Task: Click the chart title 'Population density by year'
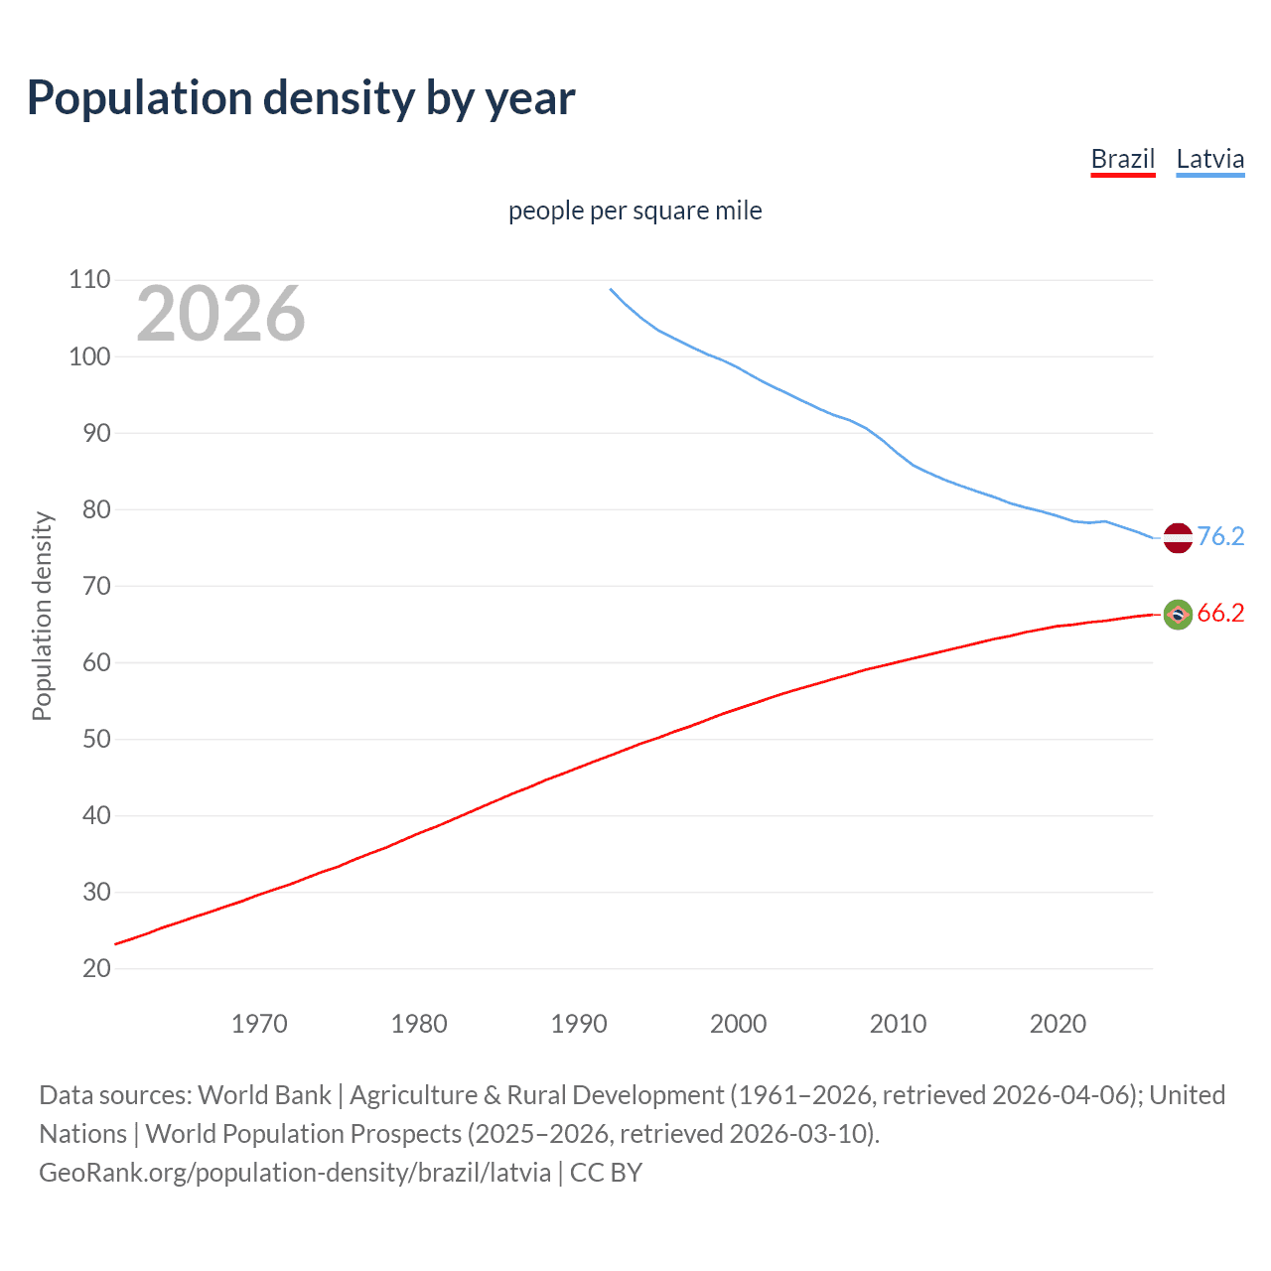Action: click(301, 98)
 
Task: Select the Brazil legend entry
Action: click(1122, 159)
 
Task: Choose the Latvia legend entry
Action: click(1209, 159)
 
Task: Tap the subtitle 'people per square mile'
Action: click(635, 211)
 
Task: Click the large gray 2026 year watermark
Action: click(220, 314)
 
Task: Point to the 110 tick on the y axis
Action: click(89, 280)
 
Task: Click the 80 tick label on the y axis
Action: click(89, 509)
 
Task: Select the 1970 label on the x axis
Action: click(259, 1024)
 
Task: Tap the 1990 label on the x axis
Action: click(579, 1024)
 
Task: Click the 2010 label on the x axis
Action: click(898, 1024)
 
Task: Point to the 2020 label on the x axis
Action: click(1058, 1024)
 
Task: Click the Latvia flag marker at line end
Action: click(1177, 537)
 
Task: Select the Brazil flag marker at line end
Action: click(1177, 615)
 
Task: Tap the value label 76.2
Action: click(1220, 536)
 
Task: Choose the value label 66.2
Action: click(1220, 614)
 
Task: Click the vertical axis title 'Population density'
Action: click(42, 616)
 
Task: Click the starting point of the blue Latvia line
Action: click(611, 289)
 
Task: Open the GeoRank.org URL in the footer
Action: click(295, 1173)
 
